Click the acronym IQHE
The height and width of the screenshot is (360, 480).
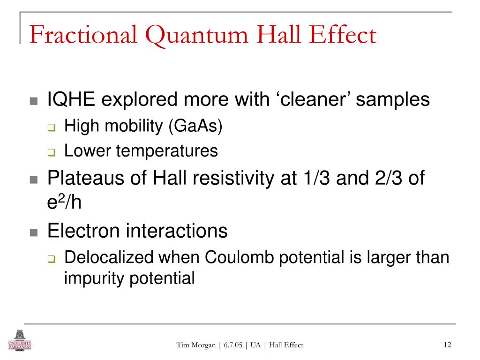pos(71,99)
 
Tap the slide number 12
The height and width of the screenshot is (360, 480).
pos(446,345)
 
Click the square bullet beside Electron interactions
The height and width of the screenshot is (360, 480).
pos(33,232)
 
